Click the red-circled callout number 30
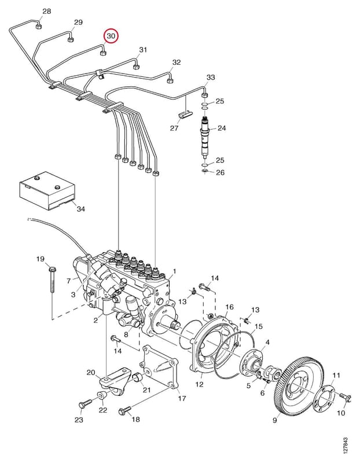click(x=111, y=36)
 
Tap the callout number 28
click(x=47, y=11)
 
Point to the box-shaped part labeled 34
click(x=47, y=191)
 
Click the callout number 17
click(x=182, y=398)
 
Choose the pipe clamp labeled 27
click(x=185, y=115)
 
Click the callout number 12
click(x=199, y=384)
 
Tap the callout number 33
click(x=211, y=78)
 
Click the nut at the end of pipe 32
click(x=170, y=80)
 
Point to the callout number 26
click(x=221, y=172)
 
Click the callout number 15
click(x=258, y=326)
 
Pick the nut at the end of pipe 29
click(x=70, y=39)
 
